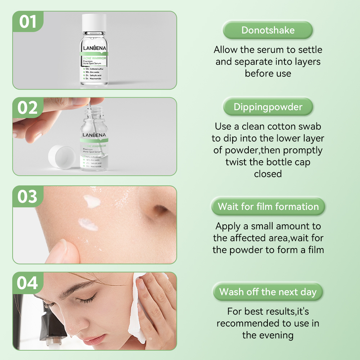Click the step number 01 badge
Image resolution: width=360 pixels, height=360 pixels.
(x=28, y=22)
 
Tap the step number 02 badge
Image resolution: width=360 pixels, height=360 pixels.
(x=28, y=108)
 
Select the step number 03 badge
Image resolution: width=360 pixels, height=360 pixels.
(x=28, y=197)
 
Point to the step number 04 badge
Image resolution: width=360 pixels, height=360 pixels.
(x=28, y=283)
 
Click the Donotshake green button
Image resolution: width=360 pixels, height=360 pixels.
(x=268, y=30)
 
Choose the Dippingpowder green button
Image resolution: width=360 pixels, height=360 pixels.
(x=268, y=107)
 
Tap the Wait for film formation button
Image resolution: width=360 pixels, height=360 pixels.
(x=268, y=207)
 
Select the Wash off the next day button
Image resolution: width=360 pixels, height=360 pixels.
(x=268, y=292)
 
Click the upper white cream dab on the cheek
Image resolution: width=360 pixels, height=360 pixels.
(x=91, y=200)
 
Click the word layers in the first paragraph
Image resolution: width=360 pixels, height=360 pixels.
(x=306, y=62)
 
